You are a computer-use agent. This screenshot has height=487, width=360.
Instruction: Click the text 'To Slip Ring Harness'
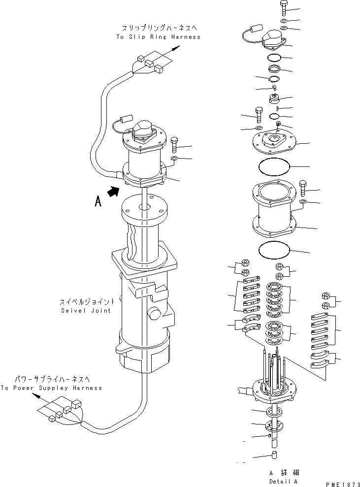158,37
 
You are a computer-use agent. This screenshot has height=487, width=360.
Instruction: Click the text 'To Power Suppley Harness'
51,388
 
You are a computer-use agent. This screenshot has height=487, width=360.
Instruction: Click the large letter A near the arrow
98,202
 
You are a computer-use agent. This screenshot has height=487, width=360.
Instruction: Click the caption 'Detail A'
283,481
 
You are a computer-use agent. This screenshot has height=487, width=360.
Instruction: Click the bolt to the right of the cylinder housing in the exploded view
302,188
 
